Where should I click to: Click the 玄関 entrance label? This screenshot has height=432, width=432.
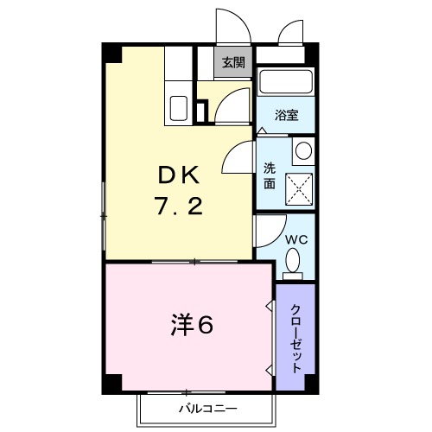(232, 62)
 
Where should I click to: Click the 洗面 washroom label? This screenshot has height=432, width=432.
(270, 176)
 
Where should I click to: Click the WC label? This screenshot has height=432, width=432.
(294, 238)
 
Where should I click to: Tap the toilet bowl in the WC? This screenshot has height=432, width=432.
(294, 260)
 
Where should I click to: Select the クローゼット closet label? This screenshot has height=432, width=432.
(295, 338)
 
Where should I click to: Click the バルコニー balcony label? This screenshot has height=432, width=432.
(208, 407)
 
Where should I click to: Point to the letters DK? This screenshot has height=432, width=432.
(178, 175)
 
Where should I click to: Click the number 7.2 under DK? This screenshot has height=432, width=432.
(178, 207)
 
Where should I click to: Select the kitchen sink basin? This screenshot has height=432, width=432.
(180, 109)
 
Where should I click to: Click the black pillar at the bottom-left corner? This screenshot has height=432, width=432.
(111, 381)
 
